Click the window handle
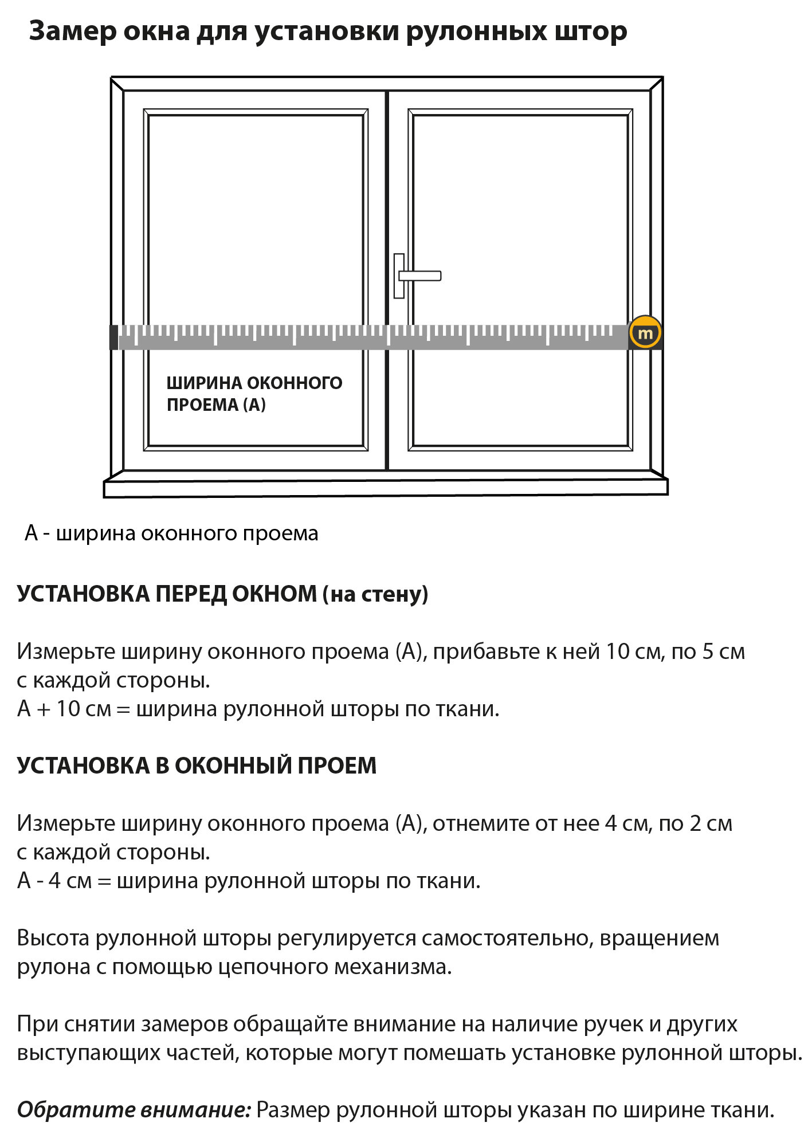coord(418,276)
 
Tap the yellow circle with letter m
coord(645,333)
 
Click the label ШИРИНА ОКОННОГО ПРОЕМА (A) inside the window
coord(254,394)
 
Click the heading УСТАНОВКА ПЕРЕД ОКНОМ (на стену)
coord(222,594)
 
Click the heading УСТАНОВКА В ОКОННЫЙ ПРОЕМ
coord(197,766)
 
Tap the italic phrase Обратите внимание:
coord(134,1110)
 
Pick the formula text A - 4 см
coord(54,881)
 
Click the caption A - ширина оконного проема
coord(171,533)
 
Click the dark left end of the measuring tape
coord(113,337)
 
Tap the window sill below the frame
coord(386,488)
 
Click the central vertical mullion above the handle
coord(387,172)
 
